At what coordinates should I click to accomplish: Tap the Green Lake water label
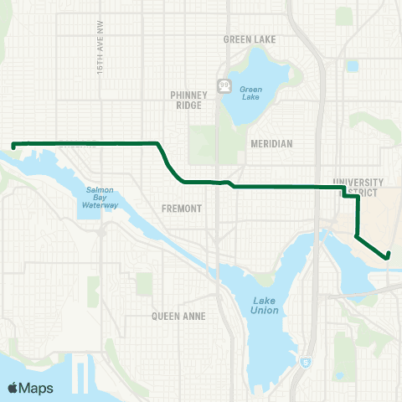pyautogui.click(x=251, y=90)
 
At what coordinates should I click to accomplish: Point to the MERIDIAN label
pyautogui.click(x=271, y=143)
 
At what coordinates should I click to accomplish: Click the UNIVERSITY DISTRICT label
pyautogui.click(x=358, y=188)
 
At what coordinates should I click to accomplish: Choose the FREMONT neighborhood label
pyautogui.click(x=182, y=209)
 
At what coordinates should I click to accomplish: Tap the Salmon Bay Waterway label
pyautogui.click(x=105, y=198)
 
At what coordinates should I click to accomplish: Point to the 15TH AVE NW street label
pyautogui.click(x=99, y=55)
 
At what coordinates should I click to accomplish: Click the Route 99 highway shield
pyautogui.click(x=224, y=85)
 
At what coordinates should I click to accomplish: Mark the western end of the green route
pyautogui.click(x=14, y=146)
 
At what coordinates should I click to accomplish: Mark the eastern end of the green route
pyautogui.click(x=389, y=256)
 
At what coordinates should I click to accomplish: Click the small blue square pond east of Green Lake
pyautogui.click(x=352, y=64)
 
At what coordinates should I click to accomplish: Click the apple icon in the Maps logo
pyautogui.click(x=13, y=387)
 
